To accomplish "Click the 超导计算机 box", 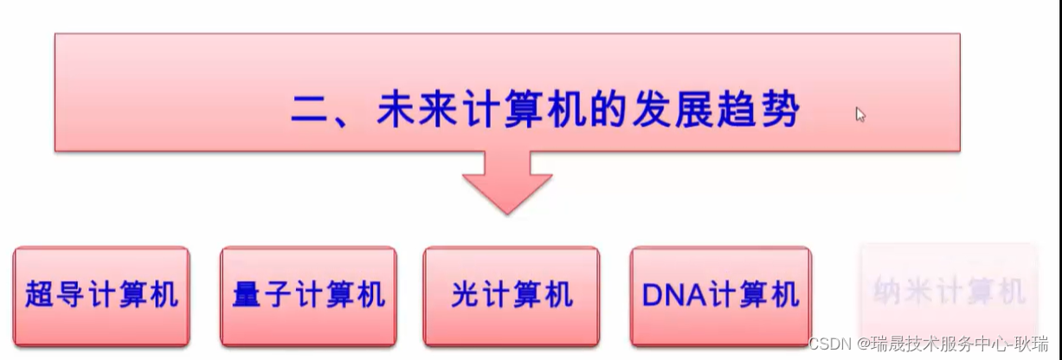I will point(100,296).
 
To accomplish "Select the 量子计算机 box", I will point(308,296).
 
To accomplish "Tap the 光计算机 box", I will point(511,296).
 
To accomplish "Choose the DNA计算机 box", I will point(720,296).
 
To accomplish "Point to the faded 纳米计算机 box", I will point(949,292).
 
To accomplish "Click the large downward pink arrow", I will point(507,183).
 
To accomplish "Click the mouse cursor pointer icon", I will point(860,115).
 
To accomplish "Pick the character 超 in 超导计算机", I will point(41,295).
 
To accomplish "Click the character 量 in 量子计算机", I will point(248,295).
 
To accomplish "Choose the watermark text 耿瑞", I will point(1034,344).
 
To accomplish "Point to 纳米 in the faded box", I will point(903,292).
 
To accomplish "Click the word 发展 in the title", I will point(672,112).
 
